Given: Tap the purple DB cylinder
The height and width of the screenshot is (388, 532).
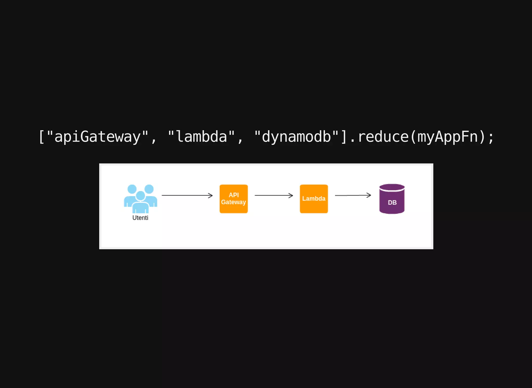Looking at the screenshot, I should pyautogui.click(x=392, y=199).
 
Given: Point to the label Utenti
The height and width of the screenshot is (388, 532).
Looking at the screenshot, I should pyautogui.click(x=140, y=218).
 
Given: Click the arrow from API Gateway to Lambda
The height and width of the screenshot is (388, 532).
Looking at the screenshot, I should pyautogui.click(x=273, y=195).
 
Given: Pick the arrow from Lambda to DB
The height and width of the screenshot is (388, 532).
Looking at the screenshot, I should pyautogui.click(x=352, y=195).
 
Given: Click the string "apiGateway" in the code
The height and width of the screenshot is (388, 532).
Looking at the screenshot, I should pyautogui.click(x=97, y=137).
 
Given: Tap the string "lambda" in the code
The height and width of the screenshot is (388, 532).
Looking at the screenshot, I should pyautogui.click(x=201, y=137).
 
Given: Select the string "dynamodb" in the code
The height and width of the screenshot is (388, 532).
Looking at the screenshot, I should pyautogui.click(x=296, y=137).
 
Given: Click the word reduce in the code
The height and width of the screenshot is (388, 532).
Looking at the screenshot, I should pyautogui.click(x=383, y=137).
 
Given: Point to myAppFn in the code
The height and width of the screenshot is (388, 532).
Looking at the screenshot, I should pyautogui.click(x=448, y=137).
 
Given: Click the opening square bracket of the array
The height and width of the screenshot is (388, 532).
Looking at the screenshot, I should pyautogui.click(x=41, y=137).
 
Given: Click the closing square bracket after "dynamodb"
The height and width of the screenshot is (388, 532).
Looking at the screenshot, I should pyautogui.click(x=344, y=137).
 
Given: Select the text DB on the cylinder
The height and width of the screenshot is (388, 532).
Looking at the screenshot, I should pyautogui.click(x=392, y=203).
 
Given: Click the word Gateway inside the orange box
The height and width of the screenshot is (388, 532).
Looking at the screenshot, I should pyautogui.click(x=233, y=202).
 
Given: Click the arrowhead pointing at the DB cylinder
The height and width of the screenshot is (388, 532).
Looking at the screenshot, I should pyautogui.click(x=369, y=195).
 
